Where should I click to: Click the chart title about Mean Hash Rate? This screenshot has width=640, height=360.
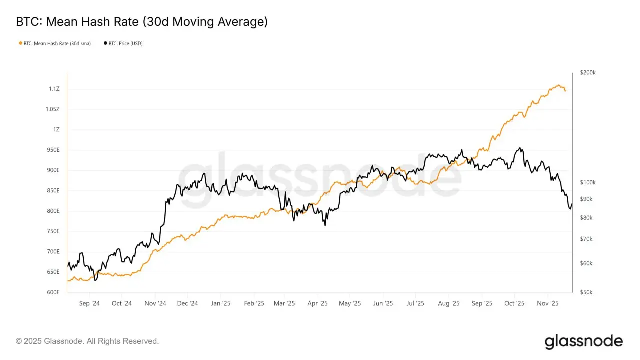click(x=142, y=22)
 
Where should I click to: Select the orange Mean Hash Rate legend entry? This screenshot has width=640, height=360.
click(x=55, y=44)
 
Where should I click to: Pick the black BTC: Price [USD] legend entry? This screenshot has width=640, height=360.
click(x=123, y=44)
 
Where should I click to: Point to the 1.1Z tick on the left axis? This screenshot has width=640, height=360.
click(x=54, y=89)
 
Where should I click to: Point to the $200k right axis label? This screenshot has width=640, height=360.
click(x=588, y=73)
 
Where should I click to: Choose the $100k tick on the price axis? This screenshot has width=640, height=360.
click(x=588, y=183)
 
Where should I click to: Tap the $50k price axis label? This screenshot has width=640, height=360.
click(x=586, y=292)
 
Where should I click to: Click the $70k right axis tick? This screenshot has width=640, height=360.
click(x=586, y=239)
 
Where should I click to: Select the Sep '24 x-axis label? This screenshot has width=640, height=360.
click(x=89, y=303)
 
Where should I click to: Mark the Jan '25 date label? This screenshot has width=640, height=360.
click(x=220, y=303)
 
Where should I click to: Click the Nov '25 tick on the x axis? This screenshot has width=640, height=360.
click(x=548, y=303)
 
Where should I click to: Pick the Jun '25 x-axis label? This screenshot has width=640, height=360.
click(x=383, y=303)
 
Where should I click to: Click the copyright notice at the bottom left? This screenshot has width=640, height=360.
click(x=87, y=341)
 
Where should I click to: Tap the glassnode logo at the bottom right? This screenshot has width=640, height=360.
click(x=583, y=342)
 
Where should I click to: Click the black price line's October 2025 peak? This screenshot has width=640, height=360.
click(x=521, y=148)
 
